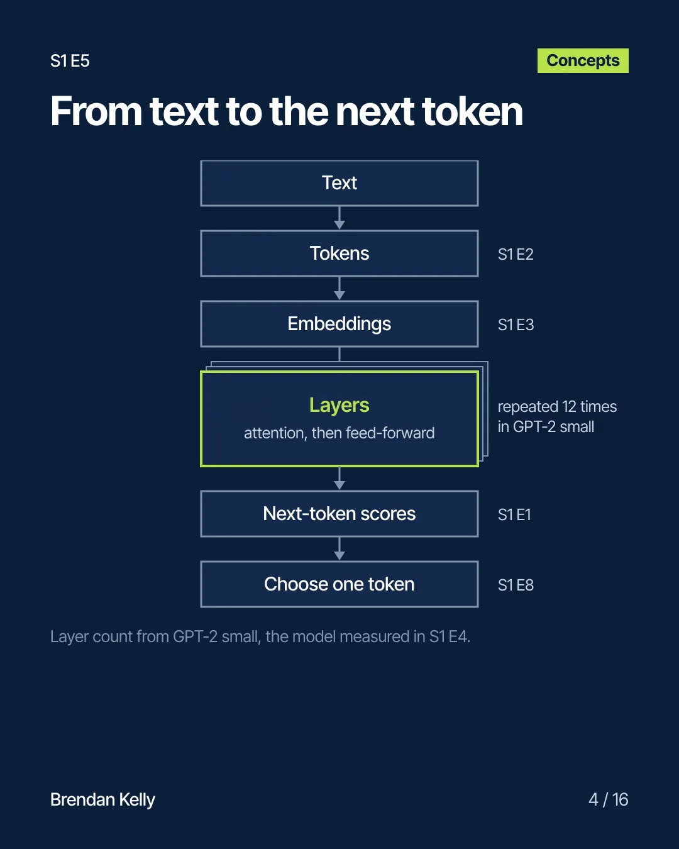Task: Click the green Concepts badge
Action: (x=583, y=61)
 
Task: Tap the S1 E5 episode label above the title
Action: (x=70, y=61)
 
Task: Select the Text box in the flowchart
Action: (x=339, y=184)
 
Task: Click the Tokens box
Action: (x=339, y=253)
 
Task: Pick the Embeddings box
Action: (x=339, y=325)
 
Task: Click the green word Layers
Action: (x=339, y=405)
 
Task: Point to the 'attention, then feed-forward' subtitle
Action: (x=339, y=433)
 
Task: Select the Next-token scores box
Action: (x=339, y=514)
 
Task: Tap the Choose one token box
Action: (x=339, y=584)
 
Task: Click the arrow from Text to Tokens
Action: (x=339, y=218)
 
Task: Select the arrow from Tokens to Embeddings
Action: (x=339, y=289)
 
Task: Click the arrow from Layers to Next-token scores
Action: (x=339, y=479)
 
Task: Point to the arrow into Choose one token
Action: (x=339, y=549)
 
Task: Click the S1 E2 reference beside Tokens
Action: (x=516, y=255)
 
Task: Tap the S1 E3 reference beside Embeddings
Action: (x=516, y=325)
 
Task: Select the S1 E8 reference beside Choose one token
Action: (x=516, y=585)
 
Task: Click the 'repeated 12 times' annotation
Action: (x=557, y=407)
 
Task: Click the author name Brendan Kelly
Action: (x=102, y=801)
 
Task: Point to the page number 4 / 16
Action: (x=609, y=800)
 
